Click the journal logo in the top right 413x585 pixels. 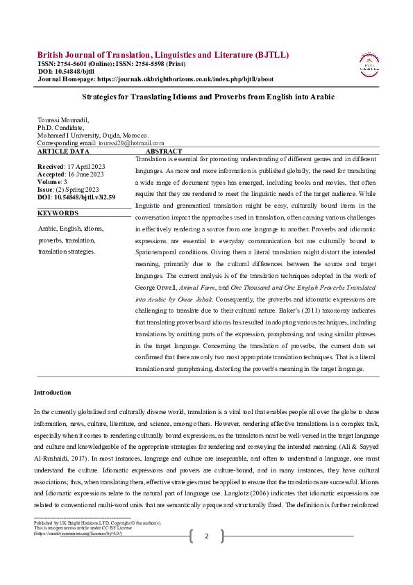point(369,63)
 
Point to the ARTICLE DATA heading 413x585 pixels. point(63,151)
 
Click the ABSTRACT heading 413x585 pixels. point(164,151)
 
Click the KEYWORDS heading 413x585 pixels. point(58,213)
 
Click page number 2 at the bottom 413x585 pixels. point(206,555)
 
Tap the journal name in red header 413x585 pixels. point(163,55)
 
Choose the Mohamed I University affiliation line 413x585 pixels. point(92,134)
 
